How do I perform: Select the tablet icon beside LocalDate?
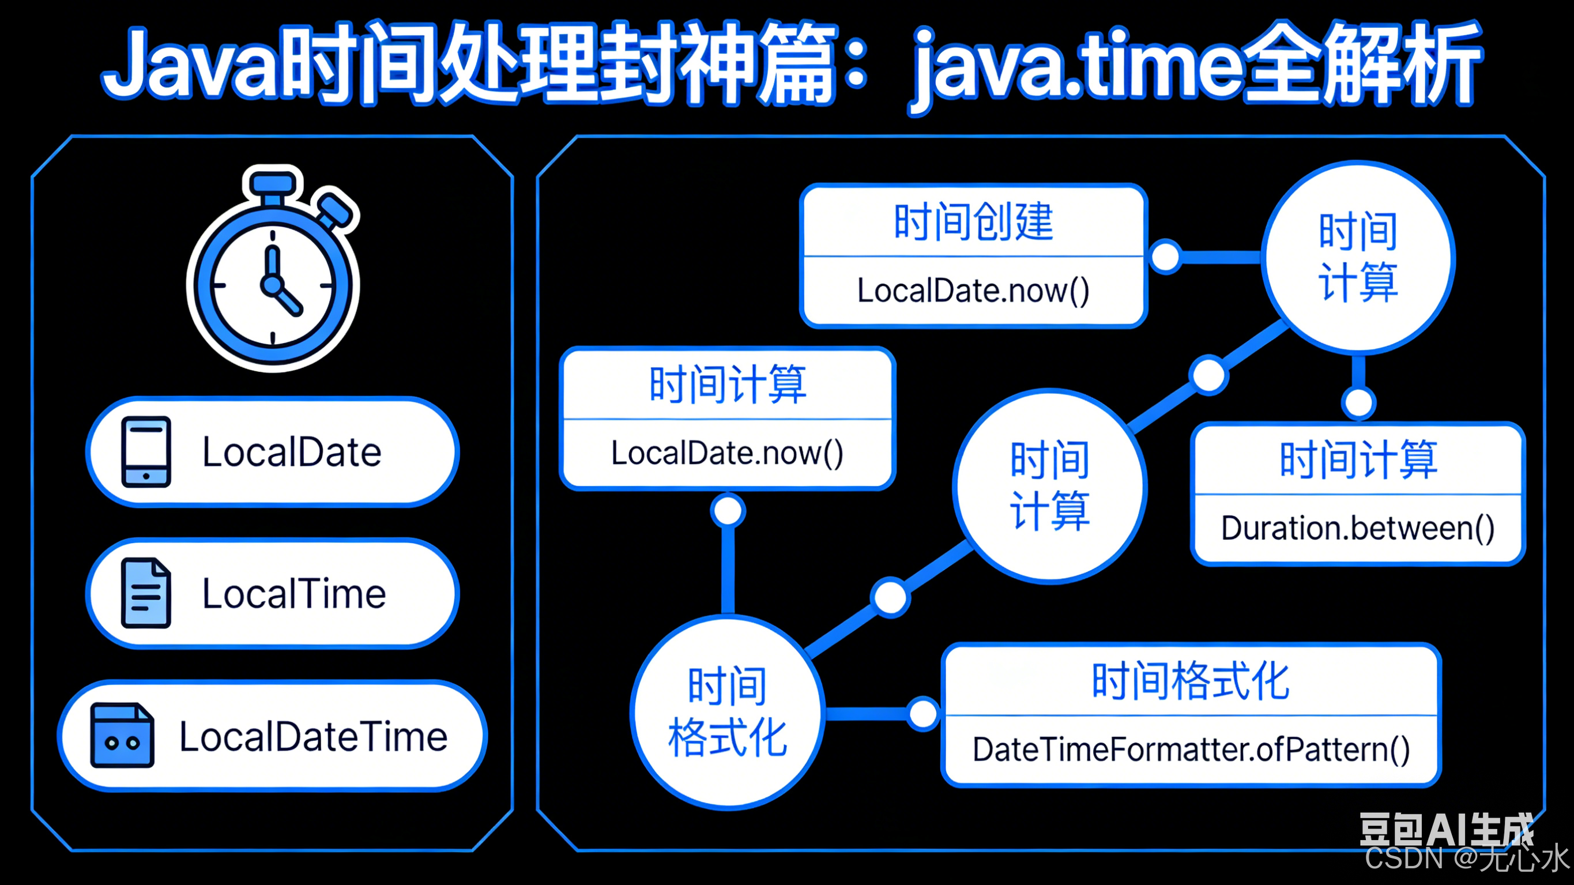point(146,451)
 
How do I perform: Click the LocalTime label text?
point(294,593)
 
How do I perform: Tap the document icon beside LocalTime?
point(146,593)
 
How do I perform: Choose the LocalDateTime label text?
point(313,736)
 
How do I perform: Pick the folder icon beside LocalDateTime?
point(122,735)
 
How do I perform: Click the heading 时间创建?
point(973,221)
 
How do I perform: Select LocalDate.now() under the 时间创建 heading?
point(973,291)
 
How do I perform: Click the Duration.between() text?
point(1358,529)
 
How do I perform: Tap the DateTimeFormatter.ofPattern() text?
point(1191,750)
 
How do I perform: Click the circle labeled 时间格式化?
point(727,713)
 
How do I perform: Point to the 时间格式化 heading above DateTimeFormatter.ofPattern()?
point(1191,681)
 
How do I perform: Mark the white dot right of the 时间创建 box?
point(1165,257)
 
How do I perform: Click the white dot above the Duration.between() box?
point(1358,402)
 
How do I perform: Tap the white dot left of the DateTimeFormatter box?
point(922,713)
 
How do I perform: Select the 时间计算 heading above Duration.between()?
point(1358,460)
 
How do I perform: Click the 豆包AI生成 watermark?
point(1445,830)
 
